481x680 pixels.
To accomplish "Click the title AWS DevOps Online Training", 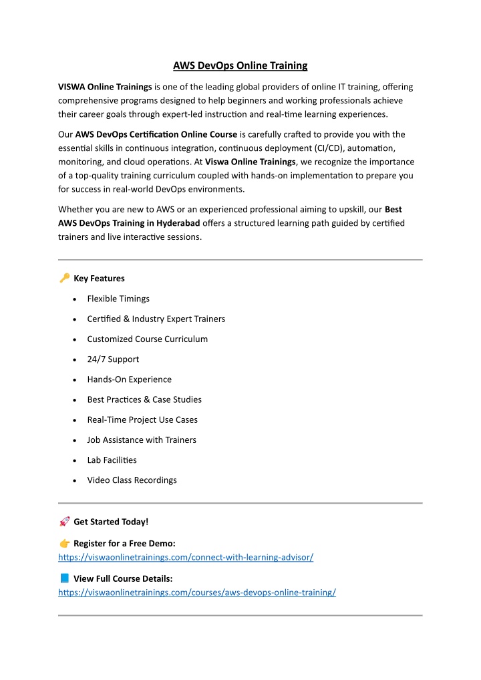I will (x=240, y=65).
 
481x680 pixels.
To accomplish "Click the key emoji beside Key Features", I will (x=64, y=278).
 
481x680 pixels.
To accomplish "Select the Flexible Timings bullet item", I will (x=118, y=299).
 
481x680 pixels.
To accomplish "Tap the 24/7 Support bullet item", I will (x=113, y=359).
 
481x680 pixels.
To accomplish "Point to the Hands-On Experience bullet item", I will (x=129, y=379).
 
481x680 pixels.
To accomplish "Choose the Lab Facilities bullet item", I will (x=112, y=460).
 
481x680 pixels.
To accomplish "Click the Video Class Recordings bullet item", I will (x=132, y=480).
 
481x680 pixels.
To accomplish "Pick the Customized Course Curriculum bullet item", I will (x=147, y=339).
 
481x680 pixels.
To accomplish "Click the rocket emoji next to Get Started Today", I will (x=64, y=522).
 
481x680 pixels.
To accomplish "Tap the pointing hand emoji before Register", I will (x=64, y=544).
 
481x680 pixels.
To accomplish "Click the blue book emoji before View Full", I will (x=64, y=578).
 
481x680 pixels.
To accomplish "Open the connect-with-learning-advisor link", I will (x=186, y=557).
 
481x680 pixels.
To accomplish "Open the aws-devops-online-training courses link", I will (x=197, y=592).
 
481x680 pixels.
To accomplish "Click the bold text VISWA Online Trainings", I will (x=105, y=87).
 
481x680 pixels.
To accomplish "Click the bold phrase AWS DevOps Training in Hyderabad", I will (x=129, y=222).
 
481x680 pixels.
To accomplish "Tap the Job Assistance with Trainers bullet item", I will (x=142, y=440).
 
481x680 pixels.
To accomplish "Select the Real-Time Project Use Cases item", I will (x=142, y=419).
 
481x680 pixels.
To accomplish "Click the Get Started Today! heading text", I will (x=111, y=522).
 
